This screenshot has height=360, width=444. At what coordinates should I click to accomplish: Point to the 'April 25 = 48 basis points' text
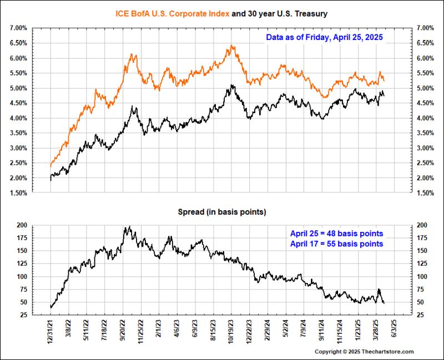coord(336,234)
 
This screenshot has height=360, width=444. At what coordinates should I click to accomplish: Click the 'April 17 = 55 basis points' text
coord(336,244)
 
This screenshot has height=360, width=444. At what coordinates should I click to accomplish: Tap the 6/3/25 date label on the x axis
coord(394,329)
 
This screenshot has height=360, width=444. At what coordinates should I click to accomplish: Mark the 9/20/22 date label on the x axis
coord(124,331)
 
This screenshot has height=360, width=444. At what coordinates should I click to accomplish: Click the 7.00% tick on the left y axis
coord(18,28)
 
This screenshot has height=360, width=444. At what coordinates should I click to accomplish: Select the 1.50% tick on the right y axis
coord(425,193)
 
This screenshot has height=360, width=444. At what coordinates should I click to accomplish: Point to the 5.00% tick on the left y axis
coord(18,88)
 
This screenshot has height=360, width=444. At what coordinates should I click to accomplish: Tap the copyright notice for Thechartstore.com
coord(364,352)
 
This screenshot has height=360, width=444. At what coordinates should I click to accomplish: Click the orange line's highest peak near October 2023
coord(231,45)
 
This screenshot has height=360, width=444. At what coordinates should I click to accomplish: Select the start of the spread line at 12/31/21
coord(51,307)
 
